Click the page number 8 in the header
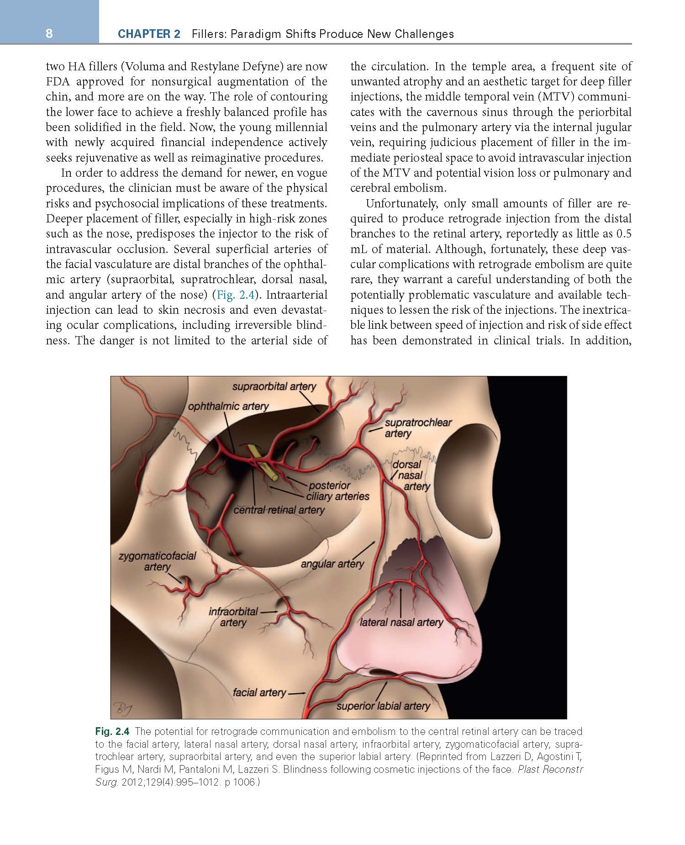[49, 33]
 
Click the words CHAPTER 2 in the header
[149, 34]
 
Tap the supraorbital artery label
[274, 386]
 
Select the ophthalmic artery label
[228, 406]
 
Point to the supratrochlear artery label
[417, 428]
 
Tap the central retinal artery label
[279, 510]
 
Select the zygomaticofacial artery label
[157, 561]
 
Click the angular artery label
[332, 564]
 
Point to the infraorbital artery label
[233, 617]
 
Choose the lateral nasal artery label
[401, 622]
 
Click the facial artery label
[259, 692]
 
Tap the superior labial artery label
[383, 706]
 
